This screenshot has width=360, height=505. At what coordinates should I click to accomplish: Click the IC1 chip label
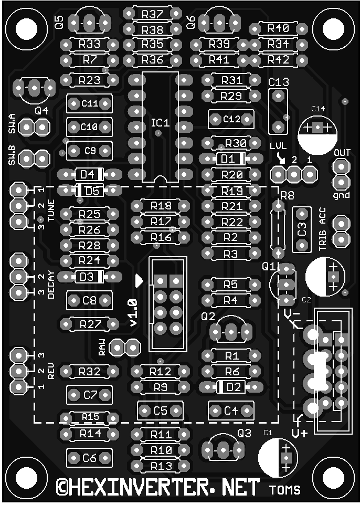click(160, 123)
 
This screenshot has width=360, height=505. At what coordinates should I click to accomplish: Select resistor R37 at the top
click(152, 15)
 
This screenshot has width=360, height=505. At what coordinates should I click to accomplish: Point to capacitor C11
click(90, 103)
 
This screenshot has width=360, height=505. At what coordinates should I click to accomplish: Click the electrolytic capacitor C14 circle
click(318, 135)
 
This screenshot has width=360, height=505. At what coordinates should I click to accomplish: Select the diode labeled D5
click(92, 191)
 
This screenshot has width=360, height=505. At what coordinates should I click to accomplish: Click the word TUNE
click(51, 211)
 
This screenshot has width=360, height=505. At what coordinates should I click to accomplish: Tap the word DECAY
click(51, 284)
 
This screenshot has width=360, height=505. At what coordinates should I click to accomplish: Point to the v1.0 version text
click(132, 312)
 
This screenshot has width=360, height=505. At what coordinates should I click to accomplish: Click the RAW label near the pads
click(102, 347)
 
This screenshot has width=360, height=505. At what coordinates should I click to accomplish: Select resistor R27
click(90, 324)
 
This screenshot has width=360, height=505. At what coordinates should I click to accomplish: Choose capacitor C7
click(90, 395)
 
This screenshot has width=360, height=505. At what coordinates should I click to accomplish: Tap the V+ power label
click(299, 433)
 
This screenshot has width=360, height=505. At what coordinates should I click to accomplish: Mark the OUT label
click(342, 153)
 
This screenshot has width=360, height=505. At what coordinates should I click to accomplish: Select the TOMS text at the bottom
click(285, 490)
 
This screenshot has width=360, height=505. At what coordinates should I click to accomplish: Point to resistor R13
click(161, 466)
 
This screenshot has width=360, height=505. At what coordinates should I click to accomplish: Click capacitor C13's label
click(278, 82)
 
